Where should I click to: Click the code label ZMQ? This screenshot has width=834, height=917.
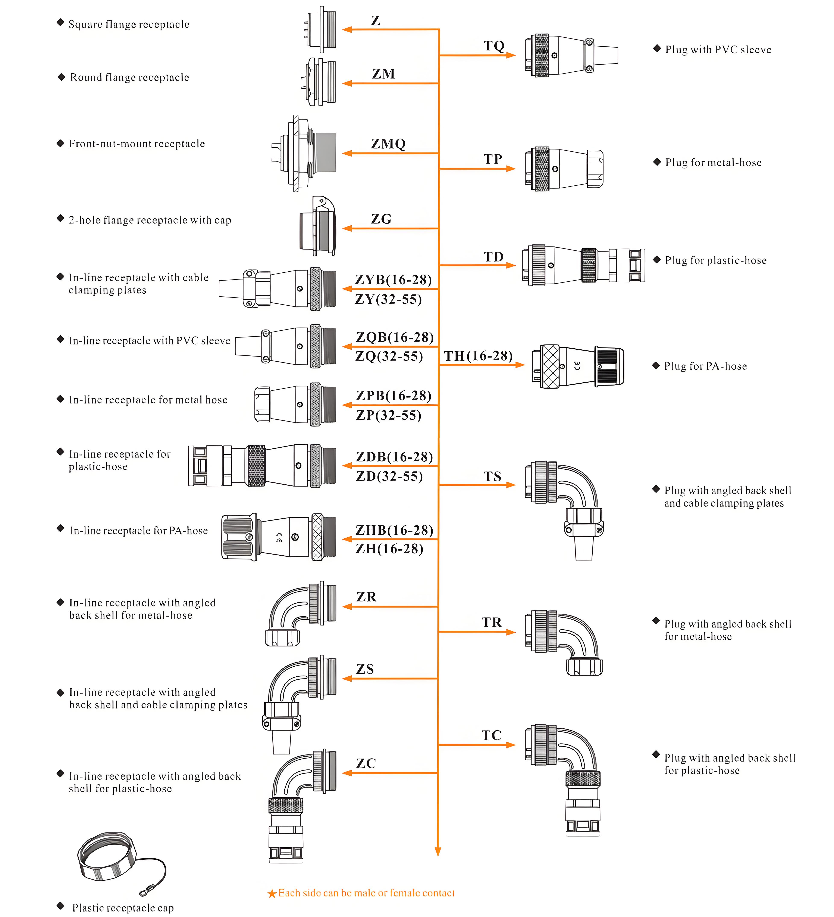pos(388,144)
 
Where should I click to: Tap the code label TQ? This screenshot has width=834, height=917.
pos(494,46)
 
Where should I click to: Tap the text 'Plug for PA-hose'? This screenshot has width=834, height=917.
pos(705,366)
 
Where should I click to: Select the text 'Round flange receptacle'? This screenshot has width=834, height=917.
pos(129,77)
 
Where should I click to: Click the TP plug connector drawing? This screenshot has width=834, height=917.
pos(564,169)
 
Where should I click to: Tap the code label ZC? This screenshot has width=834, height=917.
pos(366,763)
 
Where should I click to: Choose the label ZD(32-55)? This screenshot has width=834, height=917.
pos(389,476)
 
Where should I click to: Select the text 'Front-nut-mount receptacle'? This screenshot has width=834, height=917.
pos(137,144)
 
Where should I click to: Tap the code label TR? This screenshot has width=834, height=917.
pos(492,622)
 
